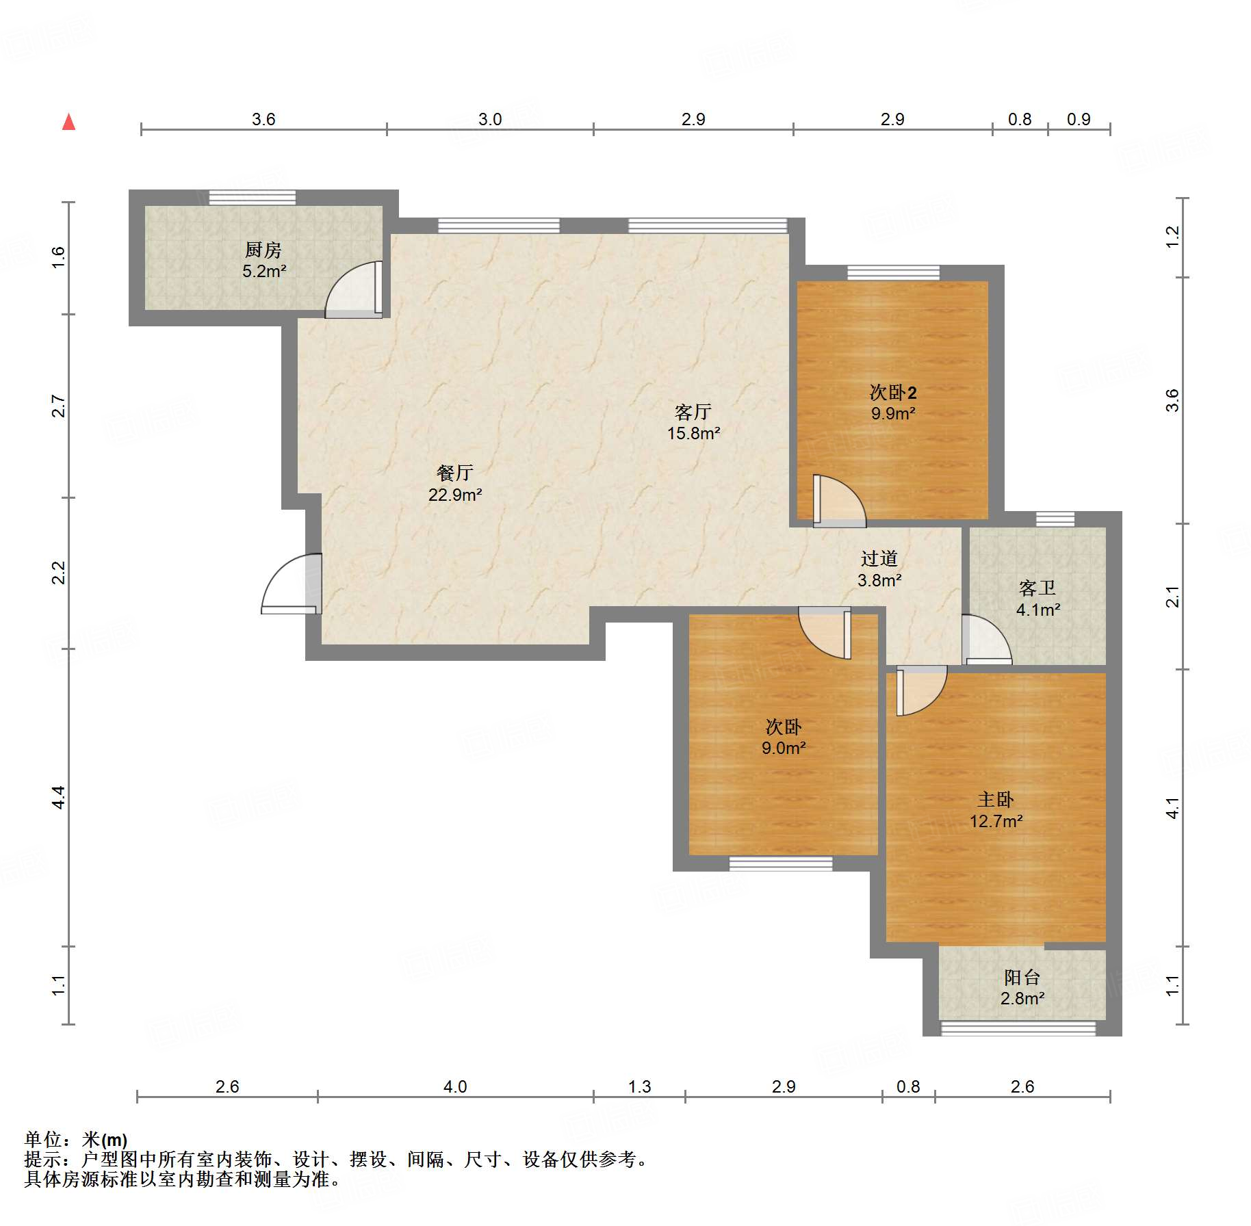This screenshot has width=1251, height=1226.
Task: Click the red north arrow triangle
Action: (x=68, y=122)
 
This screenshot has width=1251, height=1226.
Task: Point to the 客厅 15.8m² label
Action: (x=693, y=422)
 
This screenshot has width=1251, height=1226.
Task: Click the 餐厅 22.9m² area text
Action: (x=455, y=484)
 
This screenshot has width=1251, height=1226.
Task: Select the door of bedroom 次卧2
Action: (x=838, y=501)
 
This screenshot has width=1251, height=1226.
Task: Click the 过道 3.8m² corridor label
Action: (x=879, y=569)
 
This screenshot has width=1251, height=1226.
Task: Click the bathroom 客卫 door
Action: (x=985, y=640)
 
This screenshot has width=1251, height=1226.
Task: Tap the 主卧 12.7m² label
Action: (x=996, y=810)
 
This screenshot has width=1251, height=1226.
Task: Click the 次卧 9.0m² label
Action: (x=784, y=737)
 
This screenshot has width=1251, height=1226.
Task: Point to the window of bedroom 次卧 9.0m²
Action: (x=781, y=864)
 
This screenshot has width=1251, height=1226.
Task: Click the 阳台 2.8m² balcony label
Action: (x=1022, y=988)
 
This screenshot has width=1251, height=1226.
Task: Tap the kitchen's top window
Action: (x=253, y=198)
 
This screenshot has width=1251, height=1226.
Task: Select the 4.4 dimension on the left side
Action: (x=59, y=798)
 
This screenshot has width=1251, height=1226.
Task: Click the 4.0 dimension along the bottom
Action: (x=455, y=1086)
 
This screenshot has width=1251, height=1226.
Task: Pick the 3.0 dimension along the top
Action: (x=490, y=119)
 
